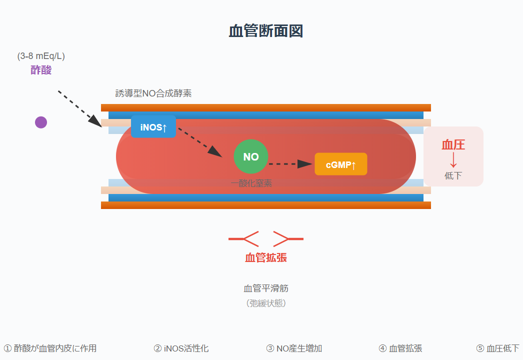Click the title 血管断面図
click(x=265, y=31)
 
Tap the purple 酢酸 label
click(x=41, y=70)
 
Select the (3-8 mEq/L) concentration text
click(x=41, y=56)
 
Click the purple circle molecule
click(x=41, y=122)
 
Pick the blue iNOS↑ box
click(x=153, y=127)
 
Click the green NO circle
click(x=251, y=156)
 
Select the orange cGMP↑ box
click(x=340, y=164)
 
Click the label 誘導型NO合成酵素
click(x=153, y=93)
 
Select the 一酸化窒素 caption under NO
click(x=251, y=183)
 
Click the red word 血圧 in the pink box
click(x=453, y=145)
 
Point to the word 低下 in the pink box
click(x=453, y=175)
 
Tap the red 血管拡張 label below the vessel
click(x=265, y=257)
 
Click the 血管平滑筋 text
click(x=265, y=288)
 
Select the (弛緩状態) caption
click(x=265, y=303)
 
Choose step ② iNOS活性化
click(x=181, y=348)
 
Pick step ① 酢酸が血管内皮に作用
click(x=50, y=348)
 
